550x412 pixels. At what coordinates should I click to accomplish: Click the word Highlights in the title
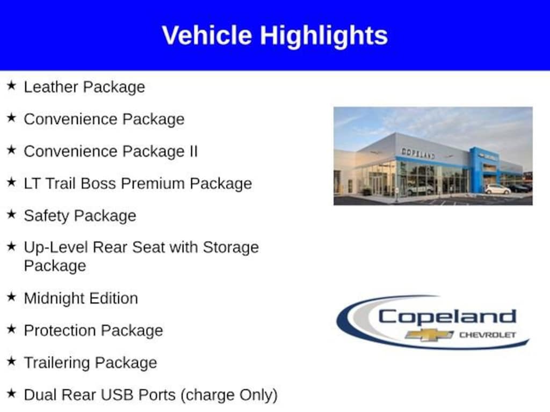tap(324, 36)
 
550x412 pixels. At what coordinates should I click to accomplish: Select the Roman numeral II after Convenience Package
tap(193, 151)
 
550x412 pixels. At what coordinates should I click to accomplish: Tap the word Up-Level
tap(56, 247)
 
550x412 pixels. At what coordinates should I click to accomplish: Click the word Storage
tap(230, 247)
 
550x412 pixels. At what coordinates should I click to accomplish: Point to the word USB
tap(119, 395)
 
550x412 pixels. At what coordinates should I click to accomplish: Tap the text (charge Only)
tap(229, 395)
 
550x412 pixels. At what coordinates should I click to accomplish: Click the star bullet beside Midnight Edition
tap(11, 297)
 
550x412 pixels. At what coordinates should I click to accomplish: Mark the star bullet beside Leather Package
tap(11, 85)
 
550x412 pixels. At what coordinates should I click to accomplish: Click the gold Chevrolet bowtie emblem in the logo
tap(429, 335)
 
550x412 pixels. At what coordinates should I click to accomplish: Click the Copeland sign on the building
tap(418, 153)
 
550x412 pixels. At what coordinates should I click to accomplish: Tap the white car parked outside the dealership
tap(497, 189)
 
